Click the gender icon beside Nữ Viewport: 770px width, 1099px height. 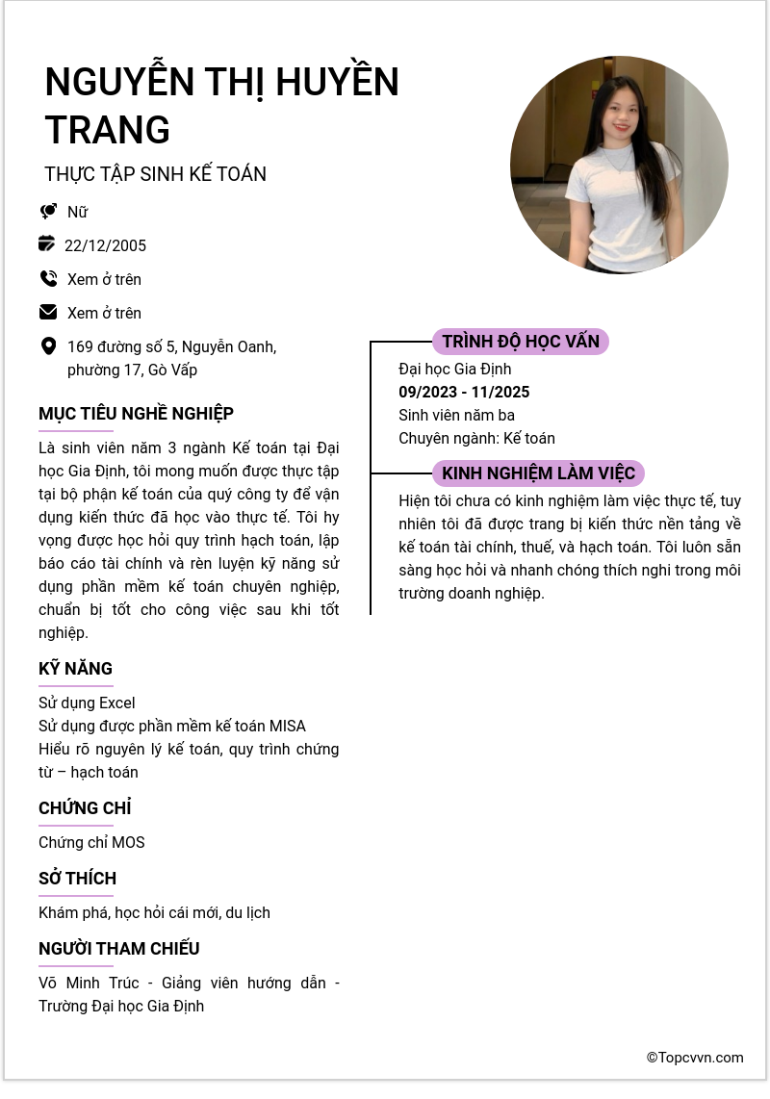click(48, 212)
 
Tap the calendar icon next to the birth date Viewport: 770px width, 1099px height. click(47, 244)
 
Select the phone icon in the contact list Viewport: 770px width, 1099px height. click(48, 279)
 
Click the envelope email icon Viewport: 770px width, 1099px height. click(48, 313)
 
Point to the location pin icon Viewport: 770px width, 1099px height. click(48, 346)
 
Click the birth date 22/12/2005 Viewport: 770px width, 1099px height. click(105, 245)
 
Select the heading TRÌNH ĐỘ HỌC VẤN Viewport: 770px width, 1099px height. click(521, 342)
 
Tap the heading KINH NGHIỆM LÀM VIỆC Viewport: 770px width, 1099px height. click(538, 473)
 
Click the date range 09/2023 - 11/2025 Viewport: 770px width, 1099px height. click(464, 393)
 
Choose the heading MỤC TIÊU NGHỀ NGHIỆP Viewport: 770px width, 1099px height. click(136, 414)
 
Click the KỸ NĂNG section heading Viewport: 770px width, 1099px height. click(75, 669)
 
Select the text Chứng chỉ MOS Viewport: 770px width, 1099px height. click(91, 843)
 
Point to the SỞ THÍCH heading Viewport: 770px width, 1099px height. click(77, 879)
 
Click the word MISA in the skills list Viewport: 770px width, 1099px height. click(287, 727)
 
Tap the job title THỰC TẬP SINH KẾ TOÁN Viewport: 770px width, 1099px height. click(155, 174)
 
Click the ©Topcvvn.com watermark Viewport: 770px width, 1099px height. click(695, 1058)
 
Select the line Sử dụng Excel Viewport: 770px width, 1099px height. click(87, 703)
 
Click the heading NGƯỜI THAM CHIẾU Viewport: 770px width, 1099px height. click(119, 949)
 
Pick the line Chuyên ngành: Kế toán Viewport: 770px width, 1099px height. click(476, 439)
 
